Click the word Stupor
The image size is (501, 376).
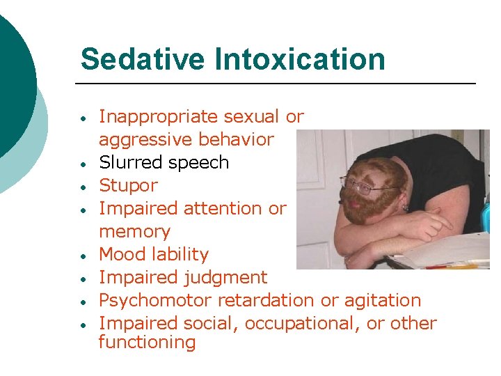click(x=128, y=185)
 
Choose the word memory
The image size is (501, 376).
click(x=134, y=231)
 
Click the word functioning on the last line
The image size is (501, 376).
click(x=147, y=342)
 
